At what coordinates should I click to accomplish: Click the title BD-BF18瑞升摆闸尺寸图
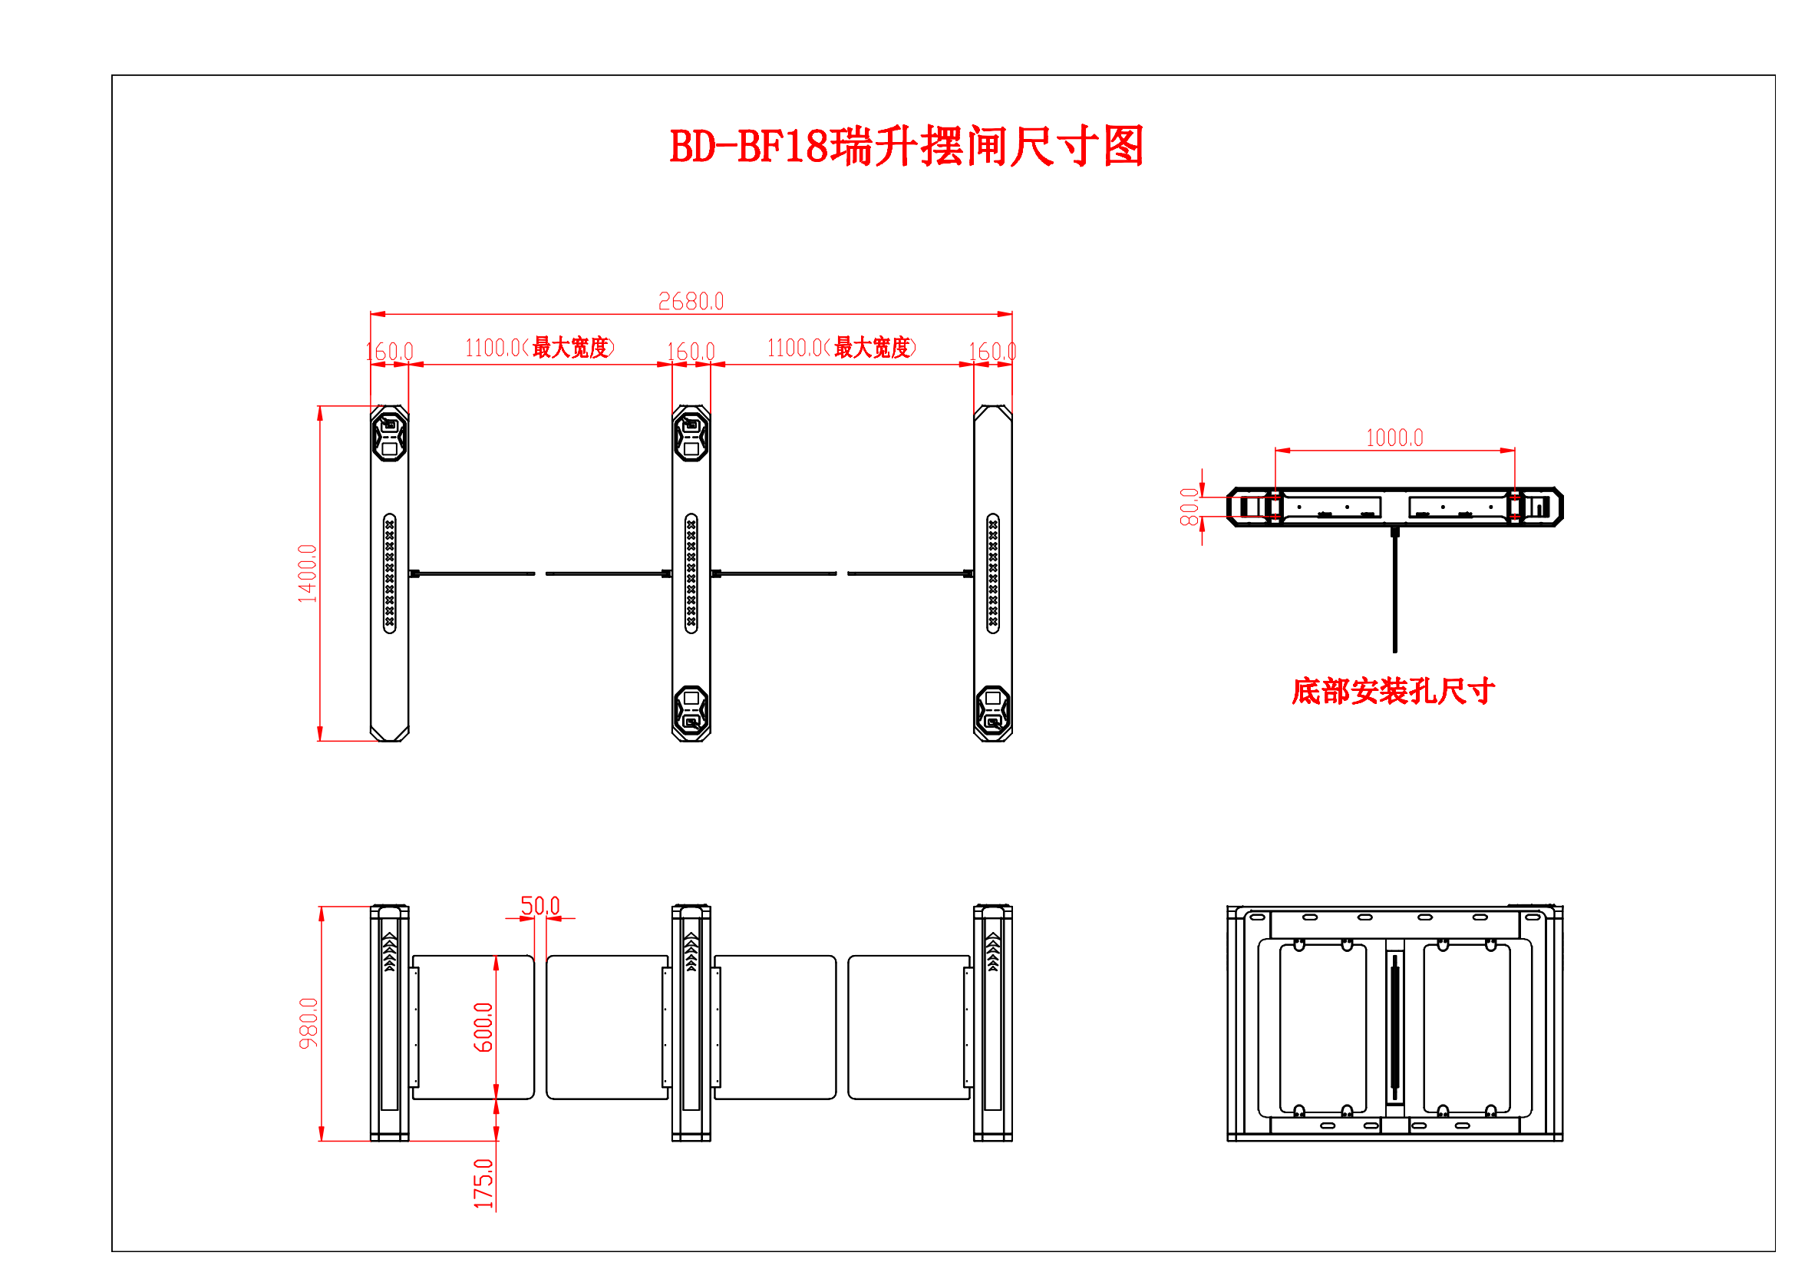pos(906,146)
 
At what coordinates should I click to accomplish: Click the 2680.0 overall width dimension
pos(691,302)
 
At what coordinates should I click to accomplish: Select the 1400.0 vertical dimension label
pos(307,573)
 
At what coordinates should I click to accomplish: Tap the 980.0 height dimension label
pos(309,1023)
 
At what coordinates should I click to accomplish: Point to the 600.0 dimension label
pos(483,1026)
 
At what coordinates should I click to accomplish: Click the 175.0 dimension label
pos(483,1183)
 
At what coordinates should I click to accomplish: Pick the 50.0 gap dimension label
pos(540,905)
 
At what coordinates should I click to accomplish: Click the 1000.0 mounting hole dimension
pos(1394,438)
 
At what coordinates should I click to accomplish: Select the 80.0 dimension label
pos(1188,507)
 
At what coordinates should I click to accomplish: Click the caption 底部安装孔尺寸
pos(1393,691)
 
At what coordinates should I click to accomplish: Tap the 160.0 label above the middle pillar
pos(691,352)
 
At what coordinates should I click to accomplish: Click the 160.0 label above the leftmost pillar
pos(389,352)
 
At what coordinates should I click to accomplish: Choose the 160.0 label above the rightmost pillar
pos(992,352)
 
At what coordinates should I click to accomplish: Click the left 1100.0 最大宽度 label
pos(539,348)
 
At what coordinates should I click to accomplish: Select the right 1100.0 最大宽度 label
pos(841,348)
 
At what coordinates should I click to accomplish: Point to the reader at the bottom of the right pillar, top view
pos(993,712)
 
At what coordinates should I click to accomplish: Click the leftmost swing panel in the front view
pos(473,1026)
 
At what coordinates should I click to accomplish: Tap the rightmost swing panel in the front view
pos(909,1026)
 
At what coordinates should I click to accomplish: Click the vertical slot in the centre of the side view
pos(1394,1026)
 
